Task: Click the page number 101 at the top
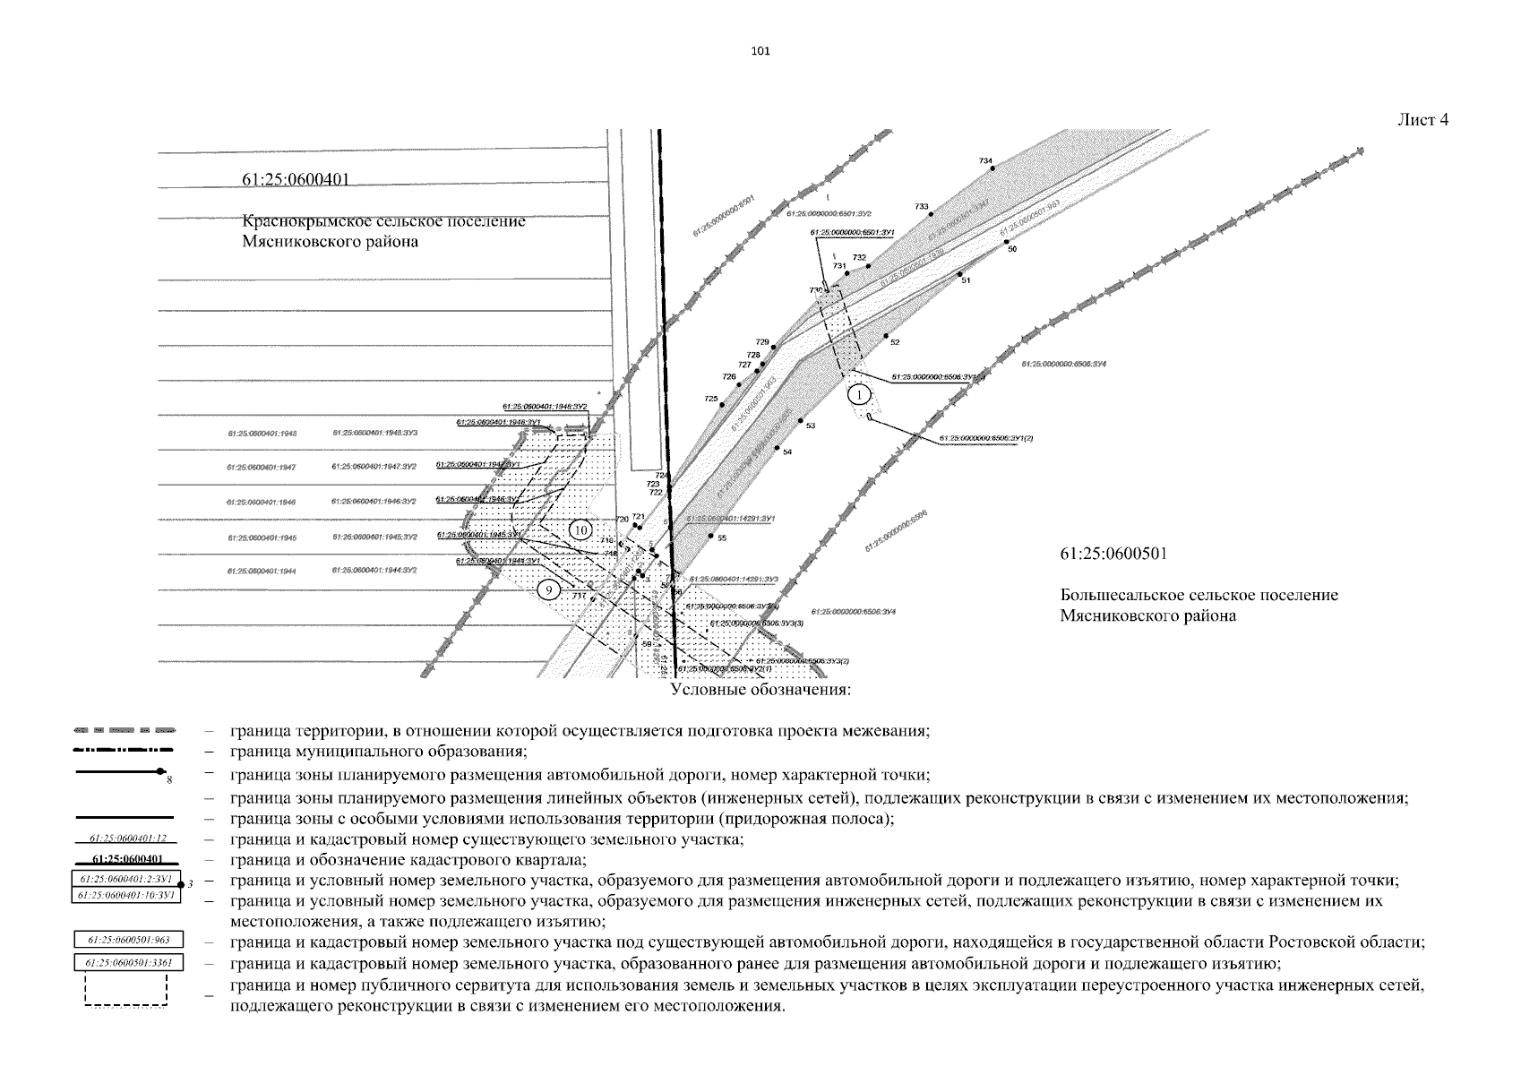click(760, 51)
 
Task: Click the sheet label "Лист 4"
click(1422, 120)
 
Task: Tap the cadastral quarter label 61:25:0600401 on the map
click(295, 180)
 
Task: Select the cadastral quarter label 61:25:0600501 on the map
click(1113, 554)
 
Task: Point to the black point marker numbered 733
click(931, 215)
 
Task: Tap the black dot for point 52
click(885, 336)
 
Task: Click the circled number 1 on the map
click(859, 394)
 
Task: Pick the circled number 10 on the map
click(580, 530)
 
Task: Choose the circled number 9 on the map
click(549, 589)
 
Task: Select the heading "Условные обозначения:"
click(760, 691)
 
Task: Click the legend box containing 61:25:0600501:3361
click(128, 963)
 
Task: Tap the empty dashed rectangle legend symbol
click(126, 992)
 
